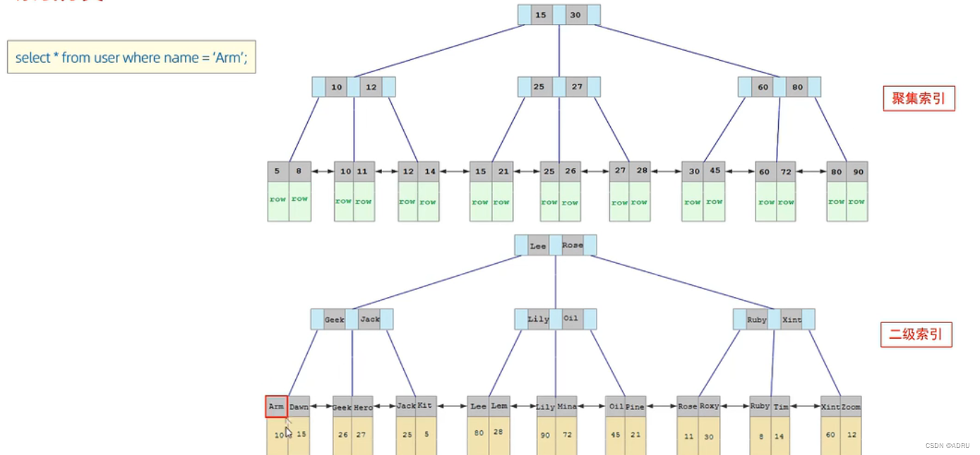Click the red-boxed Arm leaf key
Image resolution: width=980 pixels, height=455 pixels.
[276, 406]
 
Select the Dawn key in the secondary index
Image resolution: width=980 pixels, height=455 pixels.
[299, 407]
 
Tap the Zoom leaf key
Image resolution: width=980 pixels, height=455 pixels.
[851, 407]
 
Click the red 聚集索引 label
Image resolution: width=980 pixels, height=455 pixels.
[918, 99]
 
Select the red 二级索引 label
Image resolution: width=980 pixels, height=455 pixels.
[916, 334]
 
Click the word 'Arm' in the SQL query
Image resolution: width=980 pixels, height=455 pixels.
[228, 58]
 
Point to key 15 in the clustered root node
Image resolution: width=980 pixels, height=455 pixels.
[541, 15]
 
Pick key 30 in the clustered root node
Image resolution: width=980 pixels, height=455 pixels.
[575, 15]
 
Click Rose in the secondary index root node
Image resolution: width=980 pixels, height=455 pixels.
[573, 245]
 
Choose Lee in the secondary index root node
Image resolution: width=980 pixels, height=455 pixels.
[538, 246]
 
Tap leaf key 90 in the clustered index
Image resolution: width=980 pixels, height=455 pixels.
[857, 172]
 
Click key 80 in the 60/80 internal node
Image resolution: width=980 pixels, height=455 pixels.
[797, 87]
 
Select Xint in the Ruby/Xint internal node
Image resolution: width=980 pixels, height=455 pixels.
[791, 320]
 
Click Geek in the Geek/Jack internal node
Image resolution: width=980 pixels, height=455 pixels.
[334, 320]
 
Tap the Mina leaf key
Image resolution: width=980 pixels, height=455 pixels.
[566, 407]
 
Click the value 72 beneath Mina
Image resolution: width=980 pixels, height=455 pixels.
[566, 435]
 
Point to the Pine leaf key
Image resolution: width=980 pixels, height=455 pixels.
[635, 407]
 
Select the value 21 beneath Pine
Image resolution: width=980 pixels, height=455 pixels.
[635, 435]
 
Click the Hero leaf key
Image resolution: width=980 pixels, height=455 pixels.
[362, 407]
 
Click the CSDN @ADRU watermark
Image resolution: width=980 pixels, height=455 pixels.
[949, 446]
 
